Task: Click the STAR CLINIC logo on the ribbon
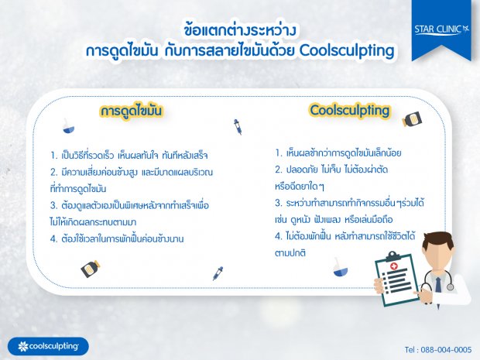(442, 29)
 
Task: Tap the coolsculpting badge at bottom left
(48, 346)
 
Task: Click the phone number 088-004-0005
(446, 350)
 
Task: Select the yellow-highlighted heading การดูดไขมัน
(131, 111)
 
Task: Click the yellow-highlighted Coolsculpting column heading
(350, 111)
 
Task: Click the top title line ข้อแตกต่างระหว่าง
(240, 30)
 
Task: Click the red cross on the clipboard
(393, 266)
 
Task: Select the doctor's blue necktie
(438, 285)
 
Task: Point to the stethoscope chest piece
(450, 286)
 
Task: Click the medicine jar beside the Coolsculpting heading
(412, 119)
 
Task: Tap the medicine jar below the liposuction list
(90, 269)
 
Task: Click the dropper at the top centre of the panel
(238, 127)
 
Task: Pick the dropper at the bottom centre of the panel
(218, 273)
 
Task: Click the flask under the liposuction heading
(68, 126)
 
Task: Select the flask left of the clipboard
(340, 267)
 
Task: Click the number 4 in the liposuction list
(53, 238)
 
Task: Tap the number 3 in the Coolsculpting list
(278, 203)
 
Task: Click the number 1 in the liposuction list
(53, 156)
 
